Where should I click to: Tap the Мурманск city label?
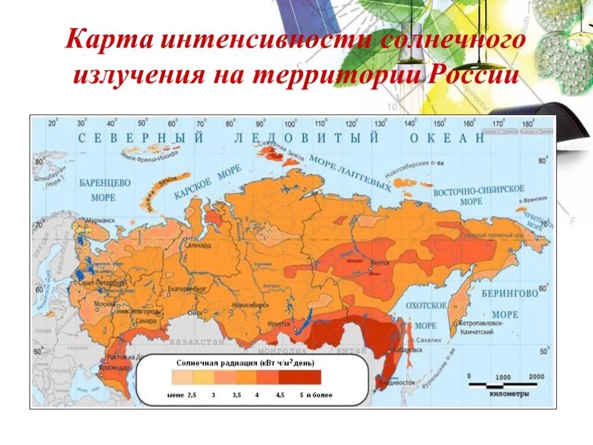click(x=100, y=220)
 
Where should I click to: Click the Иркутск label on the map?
click(x=280, y=323)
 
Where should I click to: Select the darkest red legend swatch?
click(x=300, y=377)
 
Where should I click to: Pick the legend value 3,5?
click(x=236, y=395)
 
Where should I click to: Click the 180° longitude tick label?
click(x=528, y=123)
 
